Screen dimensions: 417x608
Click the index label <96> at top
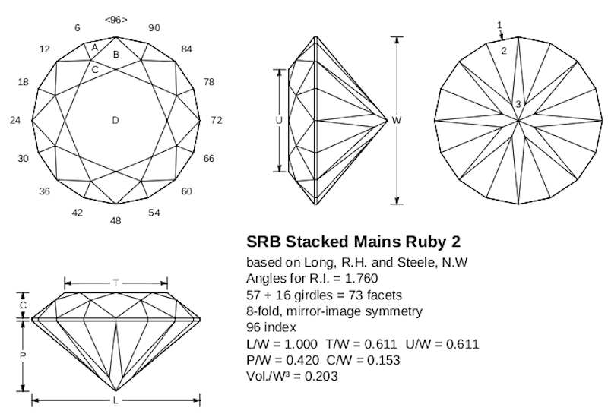click(x=115, y=19)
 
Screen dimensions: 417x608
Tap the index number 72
click(x=217, y=120)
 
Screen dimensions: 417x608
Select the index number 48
click(x=116, y=220)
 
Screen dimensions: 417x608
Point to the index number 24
click(x=14, y=120)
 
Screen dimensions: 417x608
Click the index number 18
click(x=23, y=82)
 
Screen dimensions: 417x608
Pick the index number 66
click(x=209, y=159)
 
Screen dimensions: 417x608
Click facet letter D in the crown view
click(x=116, y=120)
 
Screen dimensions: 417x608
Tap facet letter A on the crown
click(x=95, y=47)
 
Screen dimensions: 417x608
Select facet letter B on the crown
click(x=116, y=54)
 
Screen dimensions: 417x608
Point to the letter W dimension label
click(x=397, y=120)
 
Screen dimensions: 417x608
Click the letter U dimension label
click(x=279, y=120)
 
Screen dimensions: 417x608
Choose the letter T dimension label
click(x=116, y=283)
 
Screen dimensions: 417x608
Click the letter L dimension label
click(x=116, y=400)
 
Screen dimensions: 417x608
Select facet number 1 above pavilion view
click(x=499, y=25)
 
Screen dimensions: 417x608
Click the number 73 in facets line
click(x=334, y=295)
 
